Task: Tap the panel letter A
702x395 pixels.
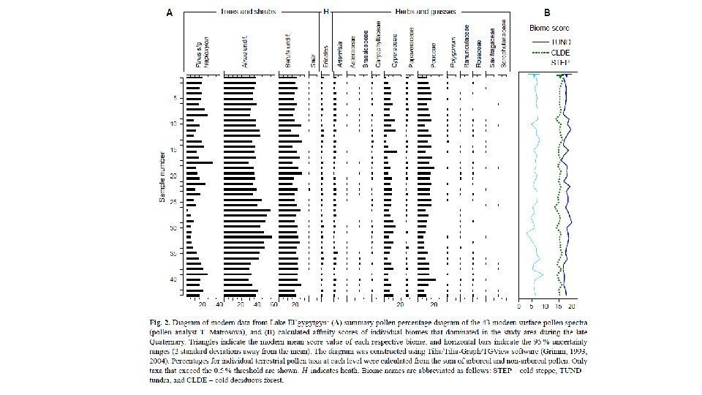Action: tap(170, 13)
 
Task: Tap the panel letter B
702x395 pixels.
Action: tap(546, 13)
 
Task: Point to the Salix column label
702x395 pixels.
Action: tap(313, 62)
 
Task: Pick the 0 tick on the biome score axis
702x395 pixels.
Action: tap(518, 306)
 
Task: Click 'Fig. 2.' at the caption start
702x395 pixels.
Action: tap(159, 322)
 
